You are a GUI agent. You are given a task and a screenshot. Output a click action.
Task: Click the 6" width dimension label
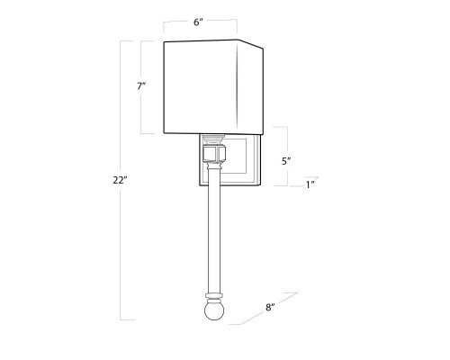(x=198, y=22)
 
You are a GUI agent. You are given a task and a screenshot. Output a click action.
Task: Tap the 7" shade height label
(x=141, y=86)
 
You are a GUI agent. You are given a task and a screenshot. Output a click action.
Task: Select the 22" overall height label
(x=121, y=180)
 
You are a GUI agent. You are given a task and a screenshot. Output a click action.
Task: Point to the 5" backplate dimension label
(x=286, y=161)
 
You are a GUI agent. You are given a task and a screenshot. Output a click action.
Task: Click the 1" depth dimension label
(x=310, y=184)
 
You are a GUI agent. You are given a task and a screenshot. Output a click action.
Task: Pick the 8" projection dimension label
(x=270, y=307)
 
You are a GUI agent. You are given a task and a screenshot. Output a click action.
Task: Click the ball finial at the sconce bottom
(x=214, y=310)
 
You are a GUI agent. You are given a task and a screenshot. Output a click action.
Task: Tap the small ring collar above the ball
(x=214, y=296)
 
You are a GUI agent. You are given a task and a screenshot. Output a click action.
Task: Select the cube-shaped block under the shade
(x=214, y=153)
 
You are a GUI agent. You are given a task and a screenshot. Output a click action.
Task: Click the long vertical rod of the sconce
(x=213, y=231)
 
